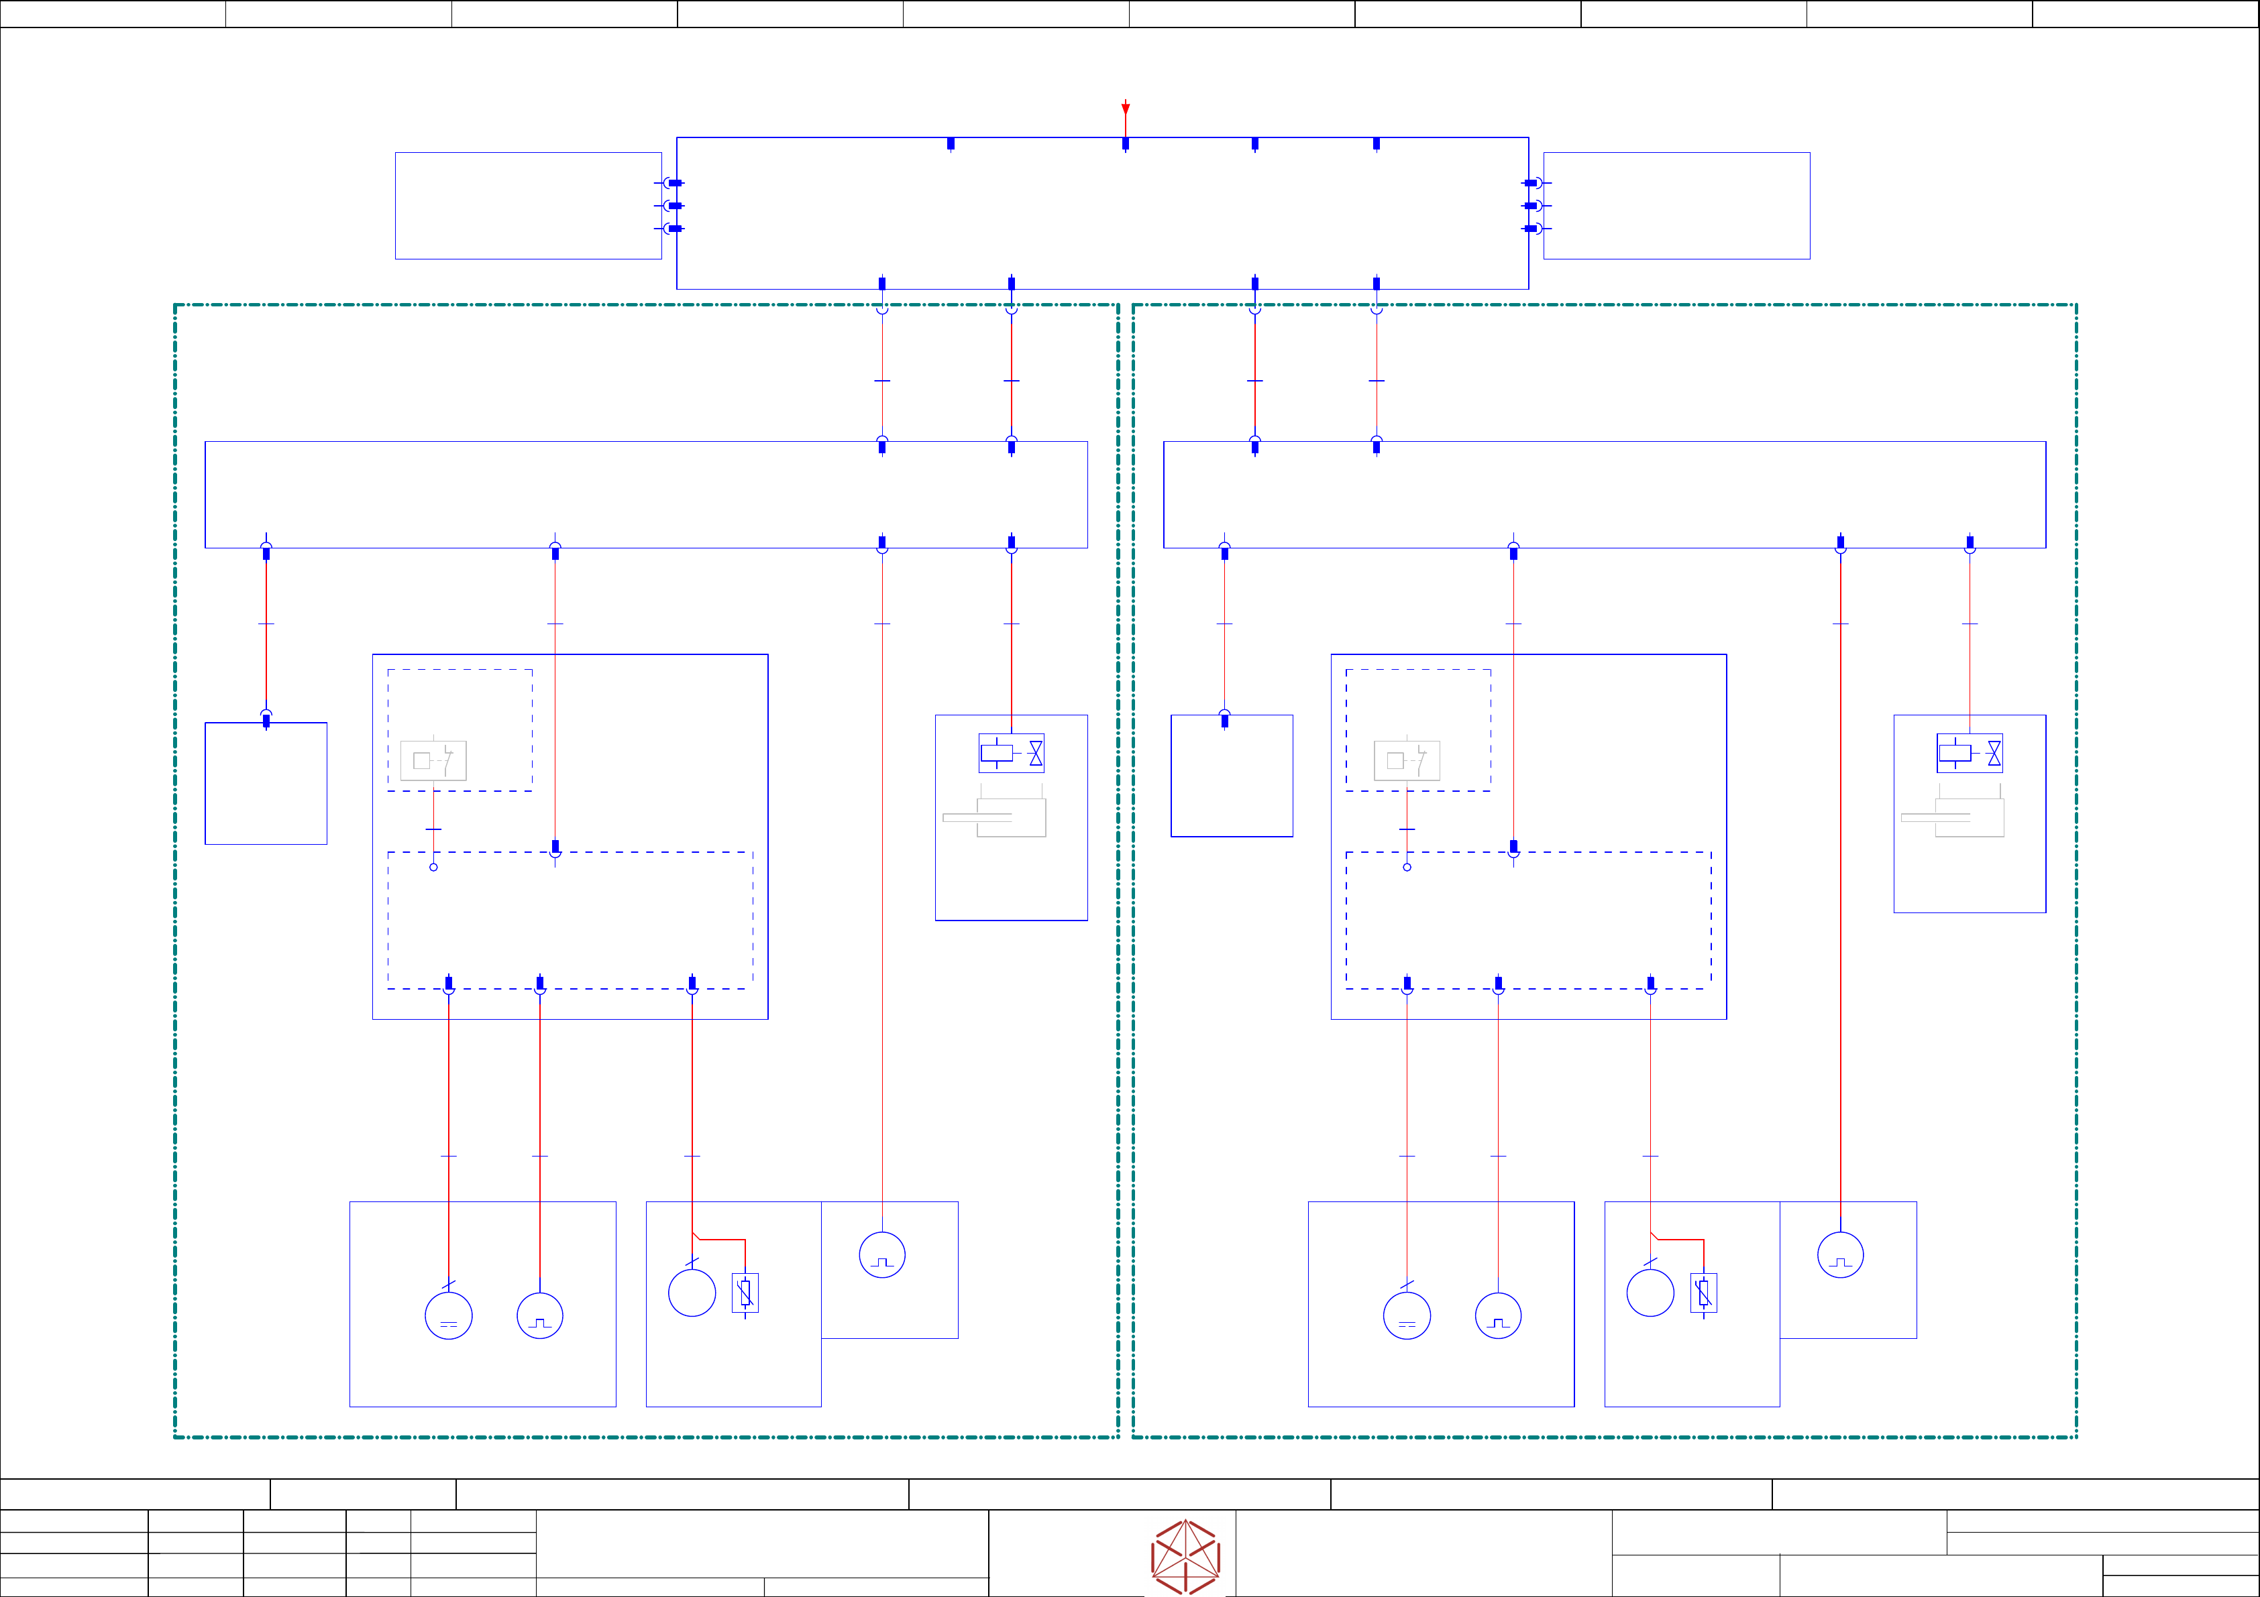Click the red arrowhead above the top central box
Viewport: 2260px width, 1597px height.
click(x=1125, y=108)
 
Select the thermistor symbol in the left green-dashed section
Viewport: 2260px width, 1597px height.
click(x=745, y=1293)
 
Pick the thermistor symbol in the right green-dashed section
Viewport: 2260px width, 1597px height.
click(x=1704, y=1293)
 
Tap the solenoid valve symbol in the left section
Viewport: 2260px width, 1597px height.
click(x=1011, y=754)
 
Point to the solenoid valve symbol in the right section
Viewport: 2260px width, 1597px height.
click(x=1970, y=754)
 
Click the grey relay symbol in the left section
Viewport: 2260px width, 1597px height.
click(x=433, y=760)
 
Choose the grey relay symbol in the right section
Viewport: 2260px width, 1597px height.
click(x=1407, y=760)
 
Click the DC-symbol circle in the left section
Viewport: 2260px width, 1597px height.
click(x=449, y=1315)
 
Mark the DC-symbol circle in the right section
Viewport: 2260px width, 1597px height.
click(x=1407, y=1315)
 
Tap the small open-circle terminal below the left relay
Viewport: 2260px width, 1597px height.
click(x=433, y=867)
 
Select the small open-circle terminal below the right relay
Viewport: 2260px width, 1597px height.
click(x=1407, y=867)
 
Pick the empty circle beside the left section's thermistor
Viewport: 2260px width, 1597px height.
click(x=692, y=1293)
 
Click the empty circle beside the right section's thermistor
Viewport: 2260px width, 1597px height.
click(x=1651, y=1293)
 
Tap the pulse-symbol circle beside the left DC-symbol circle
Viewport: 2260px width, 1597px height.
click(x=539, y=1315)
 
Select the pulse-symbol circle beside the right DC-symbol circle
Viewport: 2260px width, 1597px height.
click(x=1498, y=1315)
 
